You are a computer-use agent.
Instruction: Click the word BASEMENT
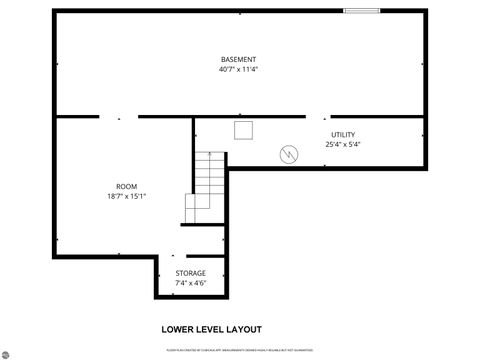[238, 59]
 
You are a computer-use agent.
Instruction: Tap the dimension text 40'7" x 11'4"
[238, 70]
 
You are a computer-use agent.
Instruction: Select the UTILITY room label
[343, 134]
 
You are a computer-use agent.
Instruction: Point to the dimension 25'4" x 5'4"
[343, 145]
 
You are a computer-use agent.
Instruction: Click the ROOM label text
[126, 186]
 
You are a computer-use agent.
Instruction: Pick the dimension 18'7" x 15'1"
[126, 197]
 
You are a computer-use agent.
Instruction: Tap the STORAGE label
[191, 273]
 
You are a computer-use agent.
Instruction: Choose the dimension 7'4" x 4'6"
[191, 284]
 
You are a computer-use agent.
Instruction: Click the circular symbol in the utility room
[288, 154]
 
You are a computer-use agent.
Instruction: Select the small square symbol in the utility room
[243, 129]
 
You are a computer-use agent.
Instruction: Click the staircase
[206, 186]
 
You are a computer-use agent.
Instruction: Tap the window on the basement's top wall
[361, 11]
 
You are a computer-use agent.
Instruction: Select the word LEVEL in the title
[211, 328]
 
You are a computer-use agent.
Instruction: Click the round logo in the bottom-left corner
[7, 352]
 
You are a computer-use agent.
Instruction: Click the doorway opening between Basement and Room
[118, 117]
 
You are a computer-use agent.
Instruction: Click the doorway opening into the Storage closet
[172, 254]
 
